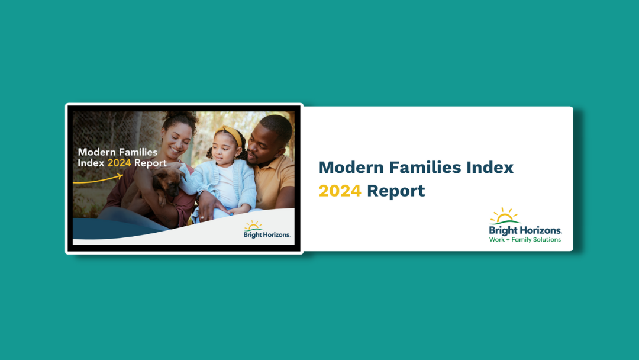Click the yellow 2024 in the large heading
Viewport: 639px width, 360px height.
(x=340, y=191)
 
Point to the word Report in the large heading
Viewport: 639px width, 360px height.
(x=396, y=191)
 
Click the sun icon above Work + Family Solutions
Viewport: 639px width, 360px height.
(x=505, y=216)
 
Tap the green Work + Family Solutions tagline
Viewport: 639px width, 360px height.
(x=525, y=240)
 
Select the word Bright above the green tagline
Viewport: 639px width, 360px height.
(x=503, y=230)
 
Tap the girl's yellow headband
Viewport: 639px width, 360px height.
(x=230, y=135)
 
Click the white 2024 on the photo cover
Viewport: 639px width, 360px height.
(x=119, y=163)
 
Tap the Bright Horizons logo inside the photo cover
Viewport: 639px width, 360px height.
(x=267, y=230)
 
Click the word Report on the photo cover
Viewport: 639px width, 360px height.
(x=150, y=163)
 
